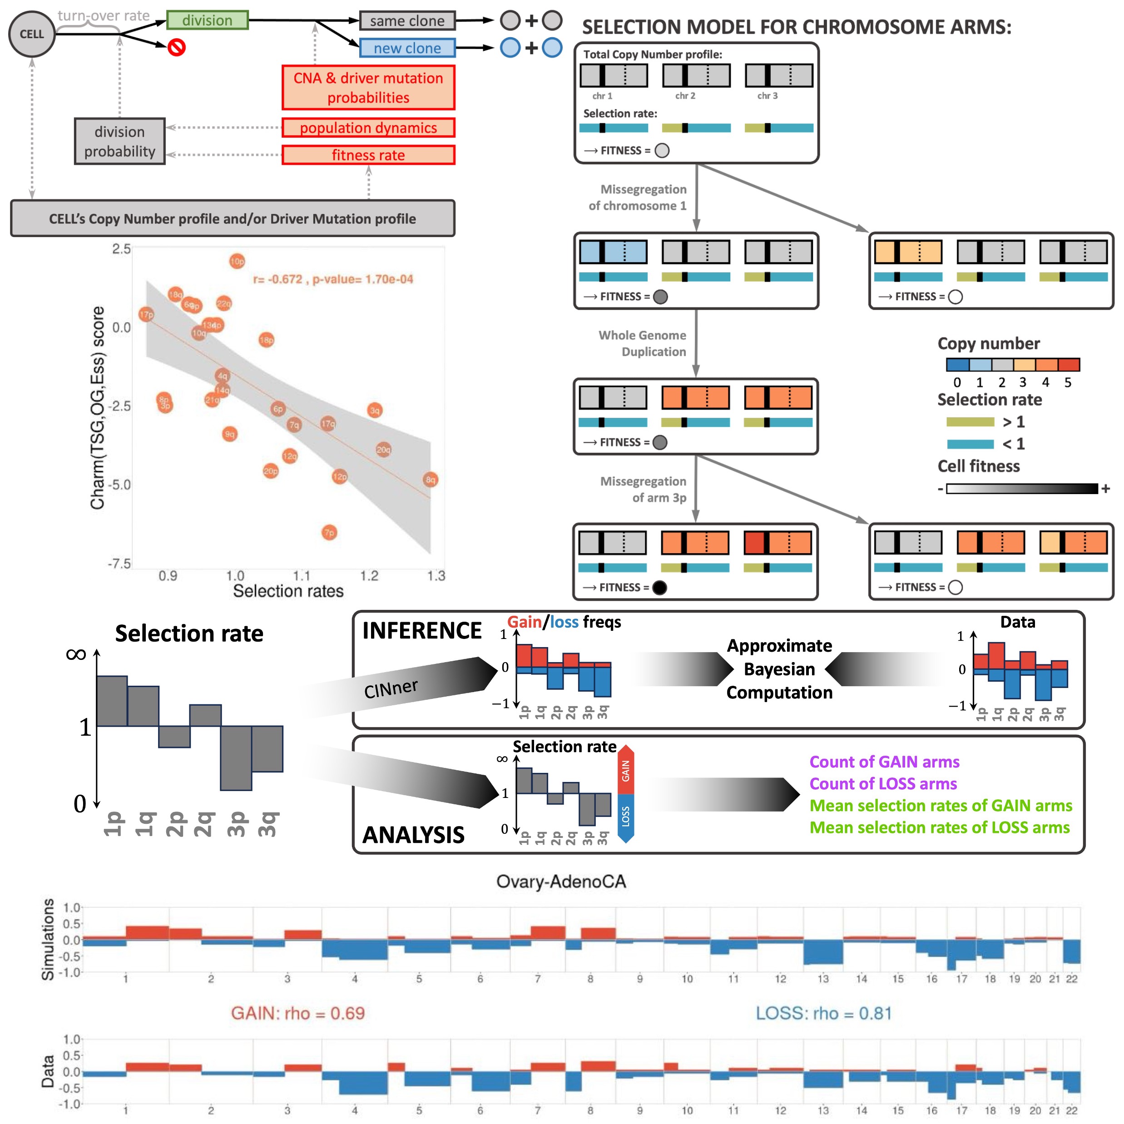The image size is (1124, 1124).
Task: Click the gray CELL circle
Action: pos(31,34)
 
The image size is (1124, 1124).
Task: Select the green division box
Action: pos(207,20)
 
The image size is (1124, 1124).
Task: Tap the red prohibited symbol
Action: pos(176,47)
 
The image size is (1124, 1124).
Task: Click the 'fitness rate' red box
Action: pos(368,155)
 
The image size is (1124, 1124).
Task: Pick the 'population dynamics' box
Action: pos(368,128)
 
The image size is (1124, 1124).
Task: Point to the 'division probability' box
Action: pos(119,141)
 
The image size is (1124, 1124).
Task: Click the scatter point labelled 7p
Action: pos(329,532)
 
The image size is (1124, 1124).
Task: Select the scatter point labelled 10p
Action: pos(237,261)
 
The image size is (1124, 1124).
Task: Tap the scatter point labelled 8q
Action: pos(430,480)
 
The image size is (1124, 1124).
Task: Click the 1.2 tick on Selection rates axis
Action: pos(369,575)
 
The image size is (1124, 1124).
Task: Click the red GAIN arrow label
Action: pos(625,770)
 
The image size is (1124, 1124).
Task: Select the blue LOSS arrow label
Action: pos(625,816)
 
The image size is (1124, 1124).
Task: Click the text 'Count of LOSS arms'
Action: pos(882,784)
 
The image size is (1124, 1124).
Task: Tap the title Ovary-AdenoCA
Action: pos(561,881)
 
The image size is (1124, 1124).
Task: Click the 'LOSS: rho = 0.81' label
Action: pos(823,1013)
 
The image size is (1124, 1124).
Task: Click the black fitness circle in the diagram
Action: pos(659,587)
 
